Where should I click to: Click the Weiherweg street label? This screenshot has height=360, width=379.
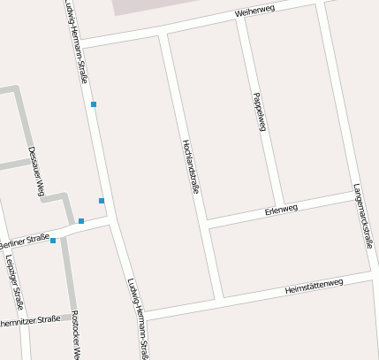(x=256, y=12)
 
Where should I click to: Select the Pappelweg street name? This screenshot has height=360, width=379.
(x=260, y=111)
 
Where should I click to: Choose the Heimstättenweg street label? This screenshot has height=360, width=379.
(x=314, y=287)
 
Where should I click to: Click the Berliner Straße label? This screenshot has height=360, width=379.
(x=24, y=240)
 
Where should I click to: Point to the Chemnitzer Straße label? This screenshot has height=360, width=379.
(x=31, y=319)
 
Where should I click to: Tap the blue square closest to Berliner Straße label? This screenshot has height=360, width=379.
(x=53, y=241)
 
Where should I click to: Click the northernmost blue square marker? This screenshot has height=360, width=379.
(x=94, y=105)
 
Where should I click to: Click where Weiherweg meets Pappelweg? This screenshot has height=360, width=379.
(x=239, y=18)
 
